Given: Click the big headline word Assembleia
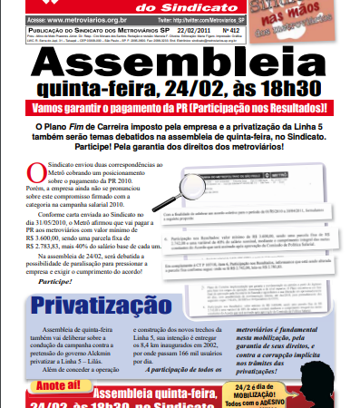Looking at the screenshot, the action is pyautogui.click(x=180, y=65).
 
